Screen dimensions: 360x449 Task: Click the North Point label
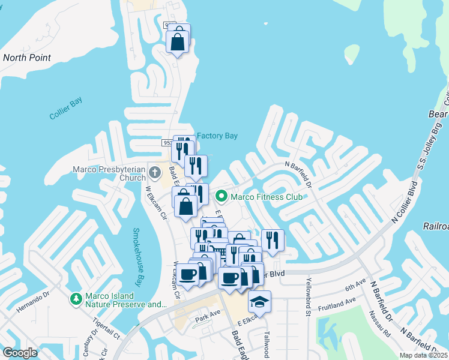27,58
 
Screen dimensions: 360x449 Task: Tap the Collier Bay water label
65,109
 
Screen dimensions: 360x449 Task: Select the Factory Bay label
217,136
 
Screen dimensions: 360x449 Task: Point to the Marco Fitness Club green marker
221,195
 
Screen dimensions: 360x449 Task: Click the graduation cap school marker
259,301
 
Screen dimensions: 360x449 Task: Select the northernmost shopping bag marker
178,42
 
